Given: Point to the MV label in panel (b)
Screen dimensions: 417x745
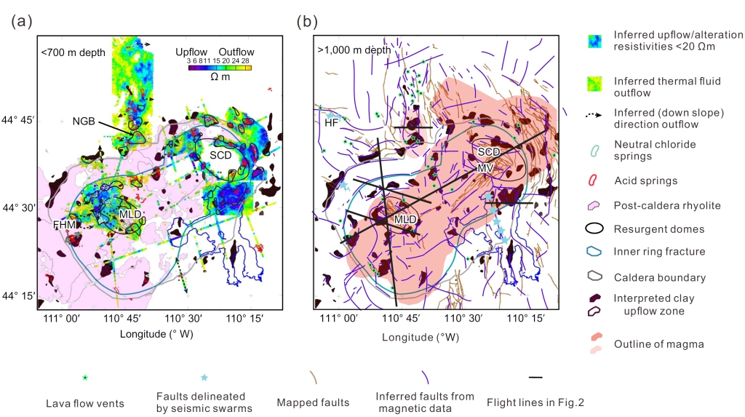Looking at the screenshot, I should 485,168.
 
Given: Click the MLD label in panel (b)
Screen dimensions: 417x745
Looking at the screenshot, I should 405,218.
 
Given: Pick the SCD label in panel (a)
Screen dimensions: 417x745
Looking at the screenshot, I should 221,155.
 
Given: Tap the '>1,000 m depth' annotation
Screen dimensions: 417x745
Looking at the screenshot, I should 354,51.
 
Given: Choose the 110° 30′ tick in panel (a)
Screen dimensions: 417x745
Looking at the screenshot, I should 180,318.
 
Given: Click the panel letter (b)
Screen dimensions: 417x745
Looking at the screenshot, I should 307,22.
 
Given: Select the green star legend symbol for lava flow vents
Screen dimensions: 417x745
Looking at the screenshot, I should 85,378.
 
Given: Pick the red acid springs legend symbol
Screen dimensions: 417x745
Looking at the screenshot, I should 594,180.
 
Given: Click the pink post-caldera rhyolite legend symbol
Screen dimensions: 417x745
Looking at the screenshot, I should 594,206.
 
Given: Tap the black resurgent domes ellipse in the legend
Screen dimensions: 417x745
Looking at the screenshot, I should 594,229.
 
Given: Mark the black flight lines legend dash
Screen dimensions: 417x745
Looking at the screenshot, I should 535,378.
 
